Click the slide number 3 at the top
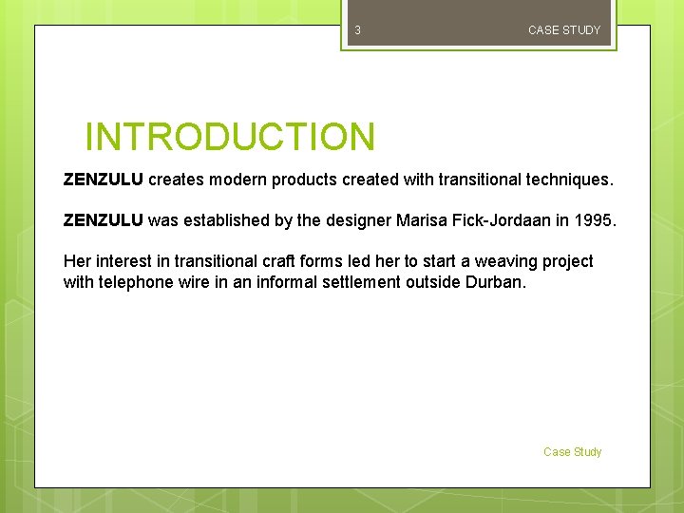pyautogui.click(x=357, y=30)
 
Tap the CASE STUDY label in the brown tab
pyautogui.click(x=564, y=30)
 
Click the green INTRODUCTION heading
pyautogui.click(x=230, y=137)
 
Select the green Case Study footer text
pyautogui.click(x=572, y=452)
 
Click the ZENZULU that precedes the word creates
pyautogui.click(x=103, y=179)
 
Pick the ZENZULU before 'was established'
pyautogui.click(x=103, y=220)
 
